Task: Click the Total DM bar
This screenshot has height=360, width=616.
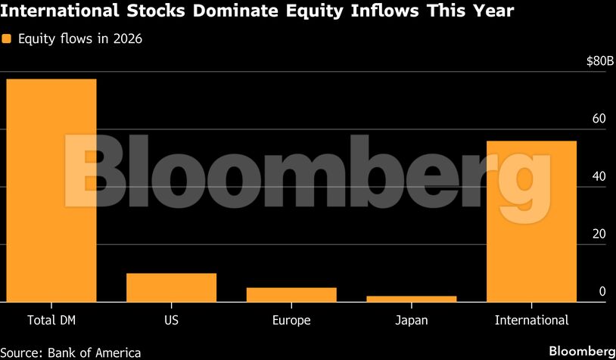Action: click(x=51, y=190)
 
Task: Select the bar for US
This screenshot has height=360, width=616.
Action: click(x=171, y=287)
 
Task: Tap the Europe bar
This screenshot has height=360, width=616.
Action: click(x=291, y=294)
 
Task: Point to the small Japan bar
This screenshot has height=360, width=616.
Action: click(x=411, y=299)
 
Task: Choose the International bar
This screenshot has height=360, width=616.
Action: click(x=531, y=221)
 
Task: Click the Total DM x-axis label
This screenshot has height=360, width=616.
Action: click(x=51, y=320)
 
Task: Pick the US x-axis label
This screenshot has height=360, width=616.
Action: click(x=171, y=320)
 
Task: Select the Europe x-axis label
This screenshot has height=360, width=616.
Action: click(x=291, y=320)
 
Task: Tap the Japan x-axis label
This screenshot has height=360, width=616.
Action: click(x=411, y=320)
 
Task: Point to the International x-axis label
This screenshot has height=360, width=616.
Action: click(x=531, y=320)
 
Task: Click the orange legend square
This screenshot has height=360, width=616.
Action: click(x=6, y=39)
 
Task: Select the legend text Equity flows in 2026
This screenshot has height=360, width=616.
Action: click(x=79, y=39)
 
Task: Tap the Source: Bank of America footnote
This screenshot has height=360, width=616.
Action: click(x=70, y=352)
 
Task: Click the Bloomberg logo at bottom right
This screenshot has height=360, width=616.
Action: click(x=581, y=351)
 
